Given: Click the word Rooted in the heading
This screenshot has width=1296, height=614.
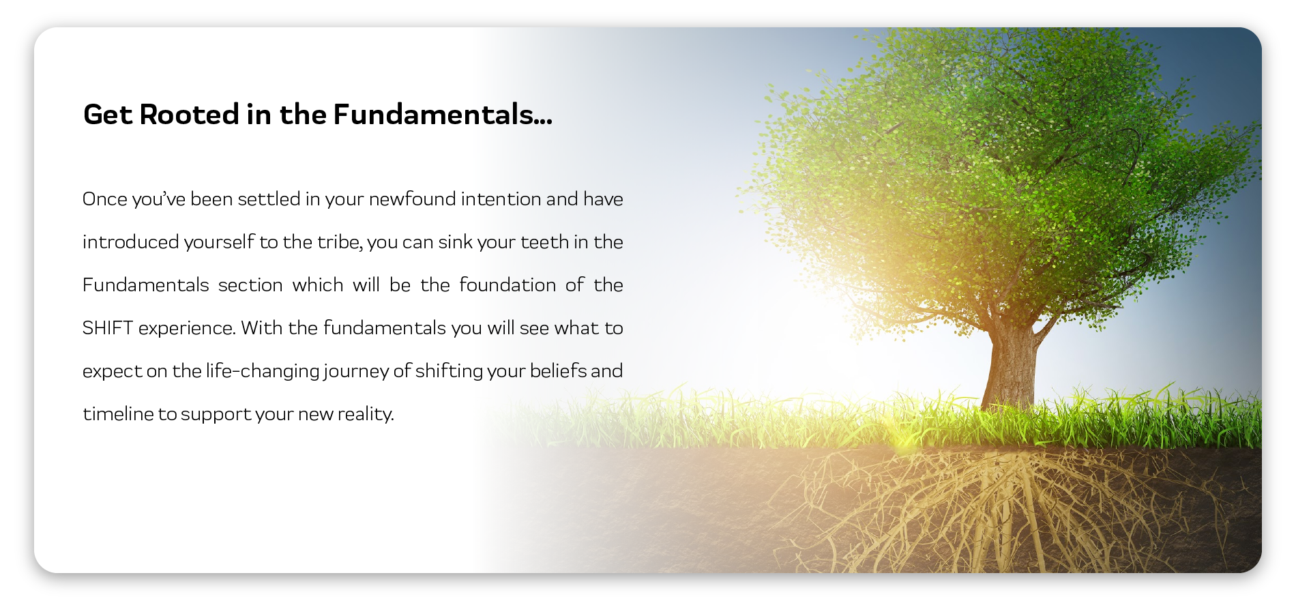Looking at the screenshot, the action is pos(189,115).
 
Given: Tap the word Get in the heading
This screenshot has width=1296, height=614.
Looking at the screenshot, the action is pos(108,115).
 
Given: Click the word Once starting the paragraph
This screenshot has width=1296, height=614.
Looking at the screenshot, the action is pos(105,199).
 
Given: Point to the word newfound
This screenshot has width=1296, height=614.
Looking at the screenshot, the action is pos(412,199).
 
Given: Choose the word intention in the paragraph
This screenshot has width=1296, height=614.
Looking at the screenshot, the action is pos(501,199).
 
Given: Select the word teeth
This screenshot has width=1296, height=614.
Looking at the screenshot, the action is pos(545,242).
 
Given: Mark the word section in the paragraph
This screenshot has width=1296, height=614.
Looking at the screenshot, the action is pos(250,285).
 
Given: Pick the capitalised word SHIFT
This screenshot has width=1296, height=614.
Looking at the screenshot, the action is pos(108,328).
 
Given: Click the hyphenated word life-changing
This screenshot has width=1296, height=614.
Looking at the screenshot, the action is pos(263,372).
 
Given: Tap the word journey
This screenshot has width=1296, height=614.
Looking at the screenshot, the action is pos(357,372).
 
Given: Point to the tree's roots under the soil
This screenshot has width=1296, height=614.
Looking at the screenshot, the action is pos(1010,512).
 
